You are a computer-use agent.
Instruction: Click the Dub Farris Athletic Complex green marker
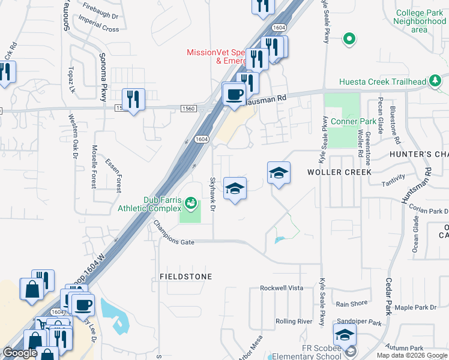tap(191, 203)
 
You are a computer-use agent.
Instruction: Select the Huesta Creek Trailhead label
tap(382, 82)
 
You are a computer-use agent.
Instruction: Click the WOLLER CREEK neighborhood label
tap(339, 172)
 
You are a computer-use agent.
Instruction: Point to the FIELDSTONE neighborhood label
tap(187, 277)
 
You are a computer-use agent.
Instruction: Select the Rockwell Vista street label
tap(282, 288)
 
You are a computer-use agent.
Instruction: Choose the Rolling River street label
tap(294, 322)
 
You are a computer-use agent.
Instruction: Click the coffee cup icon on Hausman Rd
tap(234, 94)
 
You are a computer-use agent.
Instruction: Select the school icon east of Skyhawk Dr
tap(235, 188)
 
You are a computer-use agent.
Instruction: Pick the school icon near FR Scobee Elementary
tap(345, 335)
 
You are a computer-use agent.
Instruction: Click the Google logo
tap(20, 353)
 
